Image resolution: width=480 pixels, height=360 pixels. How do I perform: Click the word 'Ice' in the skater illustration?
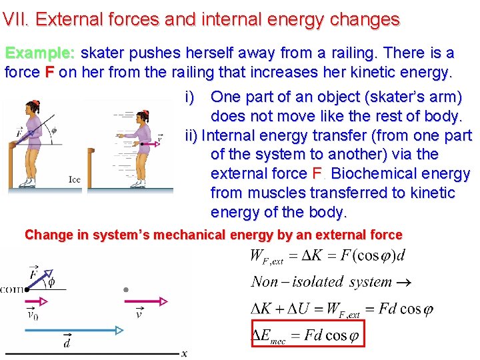pos(74,179)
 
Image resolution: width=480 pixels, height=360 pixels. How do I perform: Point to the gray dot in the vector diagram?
pos(126,290)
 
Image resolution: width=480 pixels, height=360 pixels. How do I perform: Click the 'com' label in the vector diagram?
pos(11,289)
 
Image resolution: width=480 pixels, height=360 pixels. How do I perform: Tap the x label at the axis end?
pos(184,353)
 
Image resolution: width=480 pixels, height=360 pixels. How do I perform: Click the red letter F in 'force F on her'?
pos(49,72)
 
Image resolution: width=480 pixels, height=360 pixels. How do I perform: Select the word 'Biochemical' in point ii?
pos(374,173)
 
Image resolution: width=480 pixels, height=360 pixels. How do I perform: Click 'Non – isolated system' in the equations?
pos(322,281)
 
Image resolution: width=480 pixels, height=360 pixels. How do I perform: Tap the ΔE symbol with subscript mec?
pos(269,335)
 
